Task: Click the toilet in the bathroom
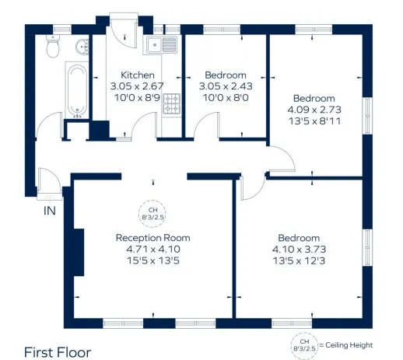pos(53,49)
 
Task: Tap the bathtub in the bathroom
pos(76,90)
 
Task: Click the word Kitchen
pos(127,75)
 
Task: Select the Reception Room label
pos(152,237)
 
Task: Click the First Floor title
pos(58,351)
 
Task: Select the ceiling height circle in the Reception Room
pos(152,211)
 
